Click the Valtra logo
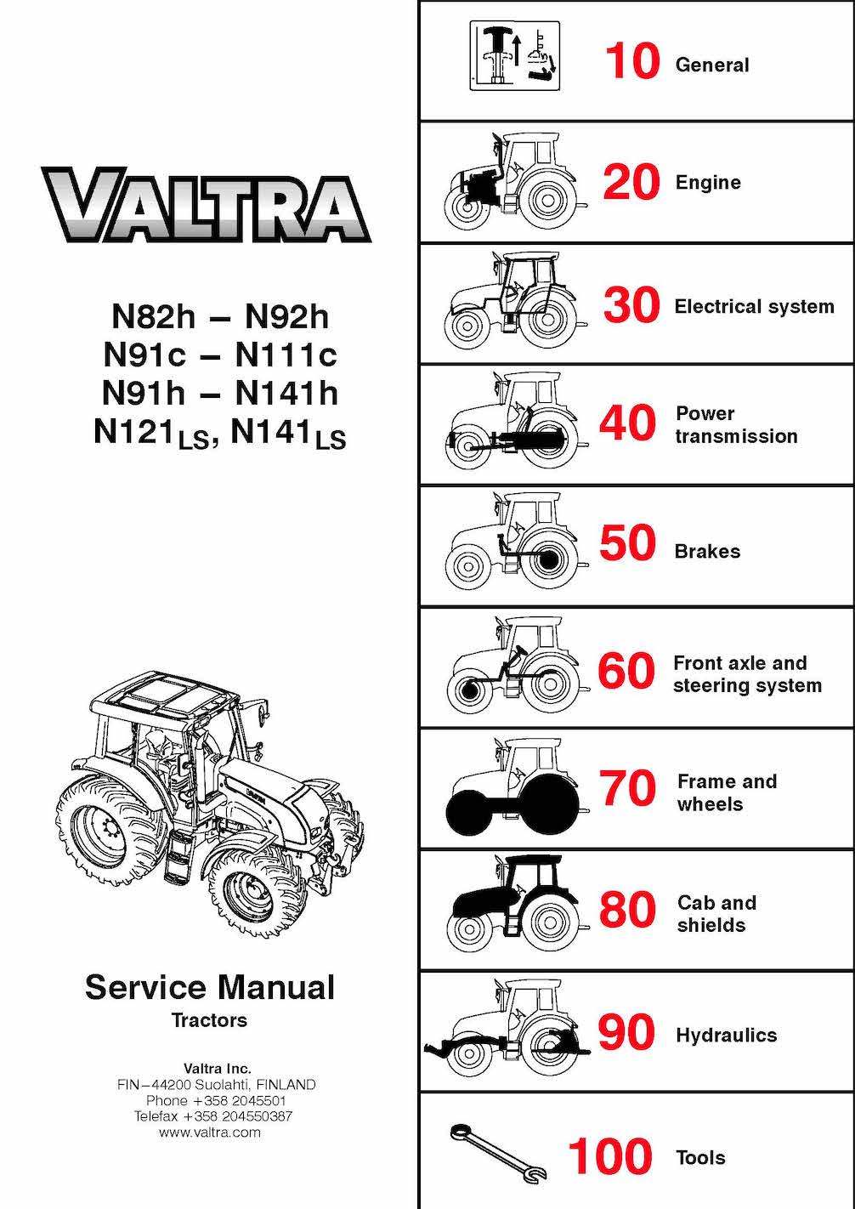point(206,205)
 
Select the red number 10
point(631,62)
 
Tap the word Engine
point(708,183)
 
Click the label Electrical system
point(754,307)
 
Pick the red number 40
point(628,423)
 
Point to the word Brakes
point(707,552)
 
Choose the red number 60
point(626,672)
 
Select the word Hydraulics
point(726,1036)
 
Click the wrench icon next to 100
point(497,1153)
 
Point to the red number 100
point(610,1157)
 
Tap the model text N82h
point(153,317)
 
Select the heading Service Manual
point(210,988)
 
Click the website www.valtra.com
point(210,1132)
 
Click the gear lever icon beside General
point(514,56)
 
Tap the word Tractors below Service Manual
point(209,1020)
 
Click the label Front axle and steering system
point(747,674)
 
